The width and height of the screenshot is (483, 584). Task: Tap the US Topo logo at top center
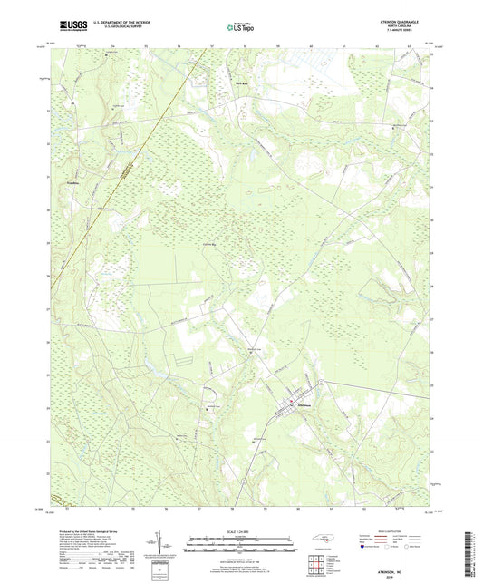click(x=240, y=28)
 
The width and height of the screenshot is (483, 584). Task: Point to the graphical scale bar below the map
click(x=240, y=547)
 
